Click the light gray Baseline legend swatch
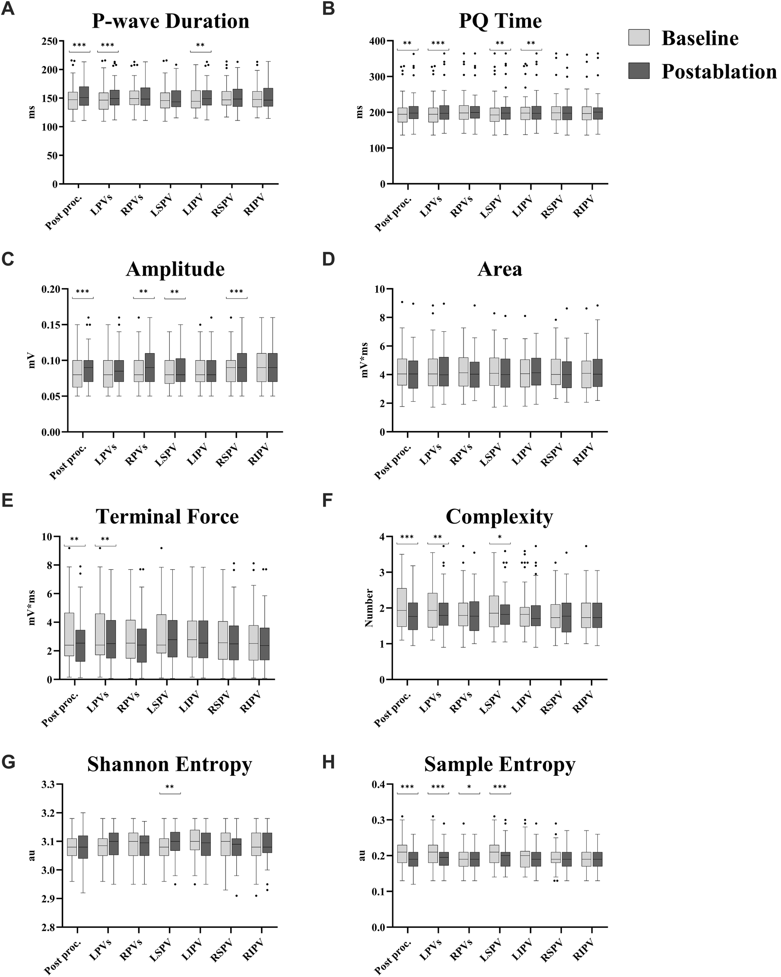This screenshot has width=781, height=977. pos(639,38)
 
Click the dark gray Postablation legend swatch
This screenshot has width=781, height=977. pos(639,71)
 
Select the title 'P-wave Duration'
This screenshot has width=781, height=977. pos(171,21)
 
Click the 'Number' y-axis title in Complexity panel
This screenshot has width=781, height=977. pos(369,608)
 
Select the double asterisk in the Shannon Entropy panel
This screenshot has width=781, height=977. pos(170,787)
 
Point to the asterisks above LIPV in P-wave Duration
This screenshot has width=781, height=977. pos(200,45)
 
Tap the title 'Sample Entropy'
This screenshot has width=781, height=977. pos(499,764)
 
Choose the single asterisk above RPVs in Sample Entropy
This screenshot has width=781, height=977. pos(469,787)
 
